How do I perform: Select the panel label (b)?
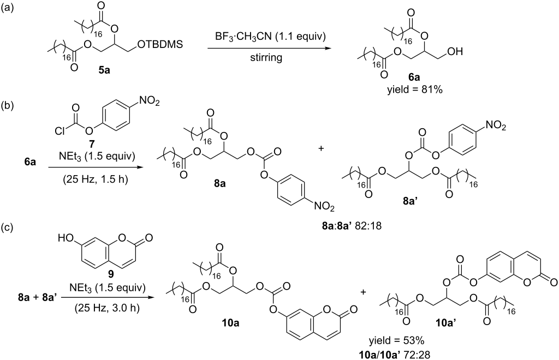coord(8,107)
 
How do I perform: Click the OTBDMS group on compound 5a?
coord(160,45)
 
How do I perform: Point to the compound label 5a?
coord(104,70)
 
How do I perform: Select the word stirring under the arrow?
coord(266,57)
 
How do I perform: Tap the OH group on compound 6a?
coord(456,52)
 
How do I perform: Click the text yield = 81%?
coord(415,90)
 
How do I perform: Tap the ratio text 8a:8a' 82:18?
coord(349,225)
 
